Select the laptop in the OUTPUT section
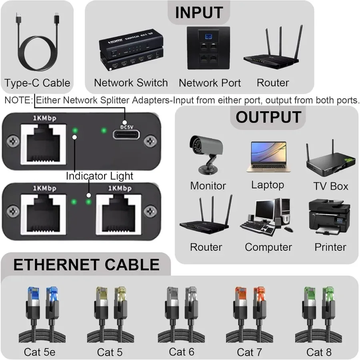click(268, 157)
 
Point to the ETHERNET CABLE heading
click(86, 265)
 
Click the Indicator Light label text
click(99, 176)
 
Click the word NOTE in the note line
click(17, 100)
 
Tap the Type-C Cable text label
click(37, 83)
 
